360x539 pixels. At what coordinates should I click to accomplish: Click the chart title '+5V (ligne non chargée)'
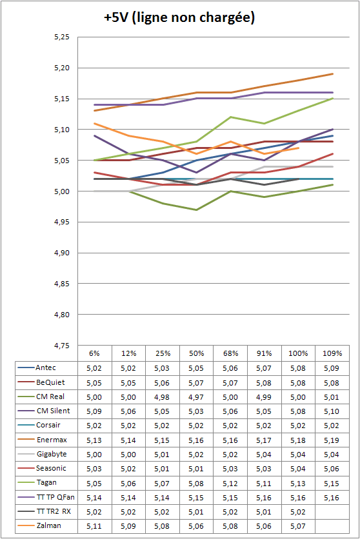tap(179, 17)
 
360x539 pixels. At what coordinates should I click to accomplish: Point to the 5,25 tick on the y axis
tap(62, 37)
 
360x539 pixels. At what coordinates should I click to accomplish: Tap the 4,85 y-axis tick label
tap(62, 284)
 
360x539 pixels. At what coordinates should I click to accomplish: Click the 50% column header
tap(196, 353)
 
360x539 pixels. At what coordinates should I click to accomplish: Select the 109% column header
tap(332, 353)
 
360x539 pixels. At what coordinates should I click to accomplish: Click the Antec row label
tap(45, 367)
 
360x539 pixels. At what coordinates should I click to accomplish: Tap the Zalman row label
tap(49, 526)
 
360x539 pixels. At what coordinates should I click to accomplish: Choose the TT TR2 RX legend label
tap(54, 511)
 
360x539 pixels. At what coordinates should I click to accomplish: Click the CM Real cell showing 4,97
tap(196, 397)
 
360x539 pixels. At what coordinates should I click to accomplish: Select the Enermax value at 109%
tap(332, 440)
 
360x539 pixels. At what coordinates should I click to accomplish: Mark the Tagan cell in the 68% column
tap(230, 484)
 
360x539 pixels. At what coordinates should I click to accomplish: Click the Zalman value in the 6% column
tap(94, 526)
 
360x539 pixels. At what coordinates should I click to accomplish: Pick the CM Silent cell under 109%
tap(332, 411)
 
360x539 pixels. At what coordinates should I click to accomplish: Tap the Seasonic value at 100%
tap(298, 469)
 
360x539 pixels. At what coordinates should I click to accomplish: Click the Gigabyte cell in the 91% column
tap(264, 455)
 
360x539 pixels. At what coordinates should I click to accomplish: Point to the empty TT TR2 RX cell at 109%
tap(332, 512)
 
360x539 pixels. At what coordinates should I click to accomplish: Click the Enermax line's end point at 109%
tap(332, 74)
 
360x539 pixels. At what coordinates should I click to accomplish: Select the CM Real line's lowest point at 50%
tap(196, 210)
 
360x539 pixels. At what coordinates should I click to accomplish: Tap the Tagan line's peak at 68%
tap(230, 117)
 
